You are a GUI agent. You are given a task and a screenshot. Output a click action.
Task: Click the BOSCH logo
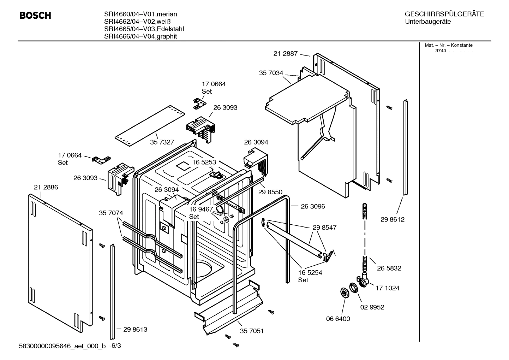[35, 16]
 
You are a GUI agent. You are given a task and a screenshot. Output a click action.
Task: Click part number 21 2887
[286, 54]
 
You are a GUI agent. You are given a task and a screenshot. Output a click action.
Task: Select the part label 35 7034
[271, 73]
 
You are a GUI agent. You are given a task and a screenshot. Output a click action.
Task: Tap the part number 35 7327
[162, 142]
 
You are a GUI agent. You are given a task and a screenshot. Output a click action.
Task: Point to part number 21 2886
[46, 187]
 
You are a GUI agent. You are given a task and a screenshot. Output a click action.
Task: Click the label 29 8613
[135, 329]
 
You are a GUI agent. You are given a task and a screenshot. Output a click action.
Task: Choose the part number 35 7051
[252, 331]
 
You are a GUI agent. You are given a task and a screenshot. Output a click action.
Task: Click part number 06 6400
[338, 319]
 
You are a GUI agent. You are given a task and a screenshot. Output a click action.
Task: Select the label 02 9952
[372, 307]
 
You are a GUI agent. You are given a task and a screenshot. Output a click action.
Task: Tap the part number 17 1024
[387, 288]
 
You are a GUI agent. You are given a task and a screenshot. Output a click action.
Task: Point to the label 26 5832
[389, 268]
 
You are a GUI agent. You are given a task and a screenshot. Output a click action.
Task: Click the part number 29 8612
[392, 219]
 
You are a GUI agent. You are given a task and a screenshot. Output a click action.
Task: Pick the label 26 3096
[313, 206]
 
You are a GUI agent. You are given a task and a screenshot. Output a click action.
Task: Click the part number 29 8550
[270, 192]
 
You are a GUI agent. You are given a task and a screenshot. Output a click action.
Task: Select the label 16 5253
[204, 162]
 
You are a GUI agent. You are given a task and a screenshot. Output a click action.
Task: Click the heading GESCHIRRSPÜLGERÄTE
[444, 14]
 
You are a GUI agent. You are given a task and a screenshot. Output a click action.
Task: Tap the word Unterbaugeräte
[428, 22]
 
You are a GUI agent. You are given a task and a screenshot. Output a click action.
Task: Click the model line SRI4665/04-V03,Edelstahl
[144, 29]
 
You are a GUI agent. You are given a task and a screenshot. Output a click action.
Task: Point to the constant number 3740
[441, 51]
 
